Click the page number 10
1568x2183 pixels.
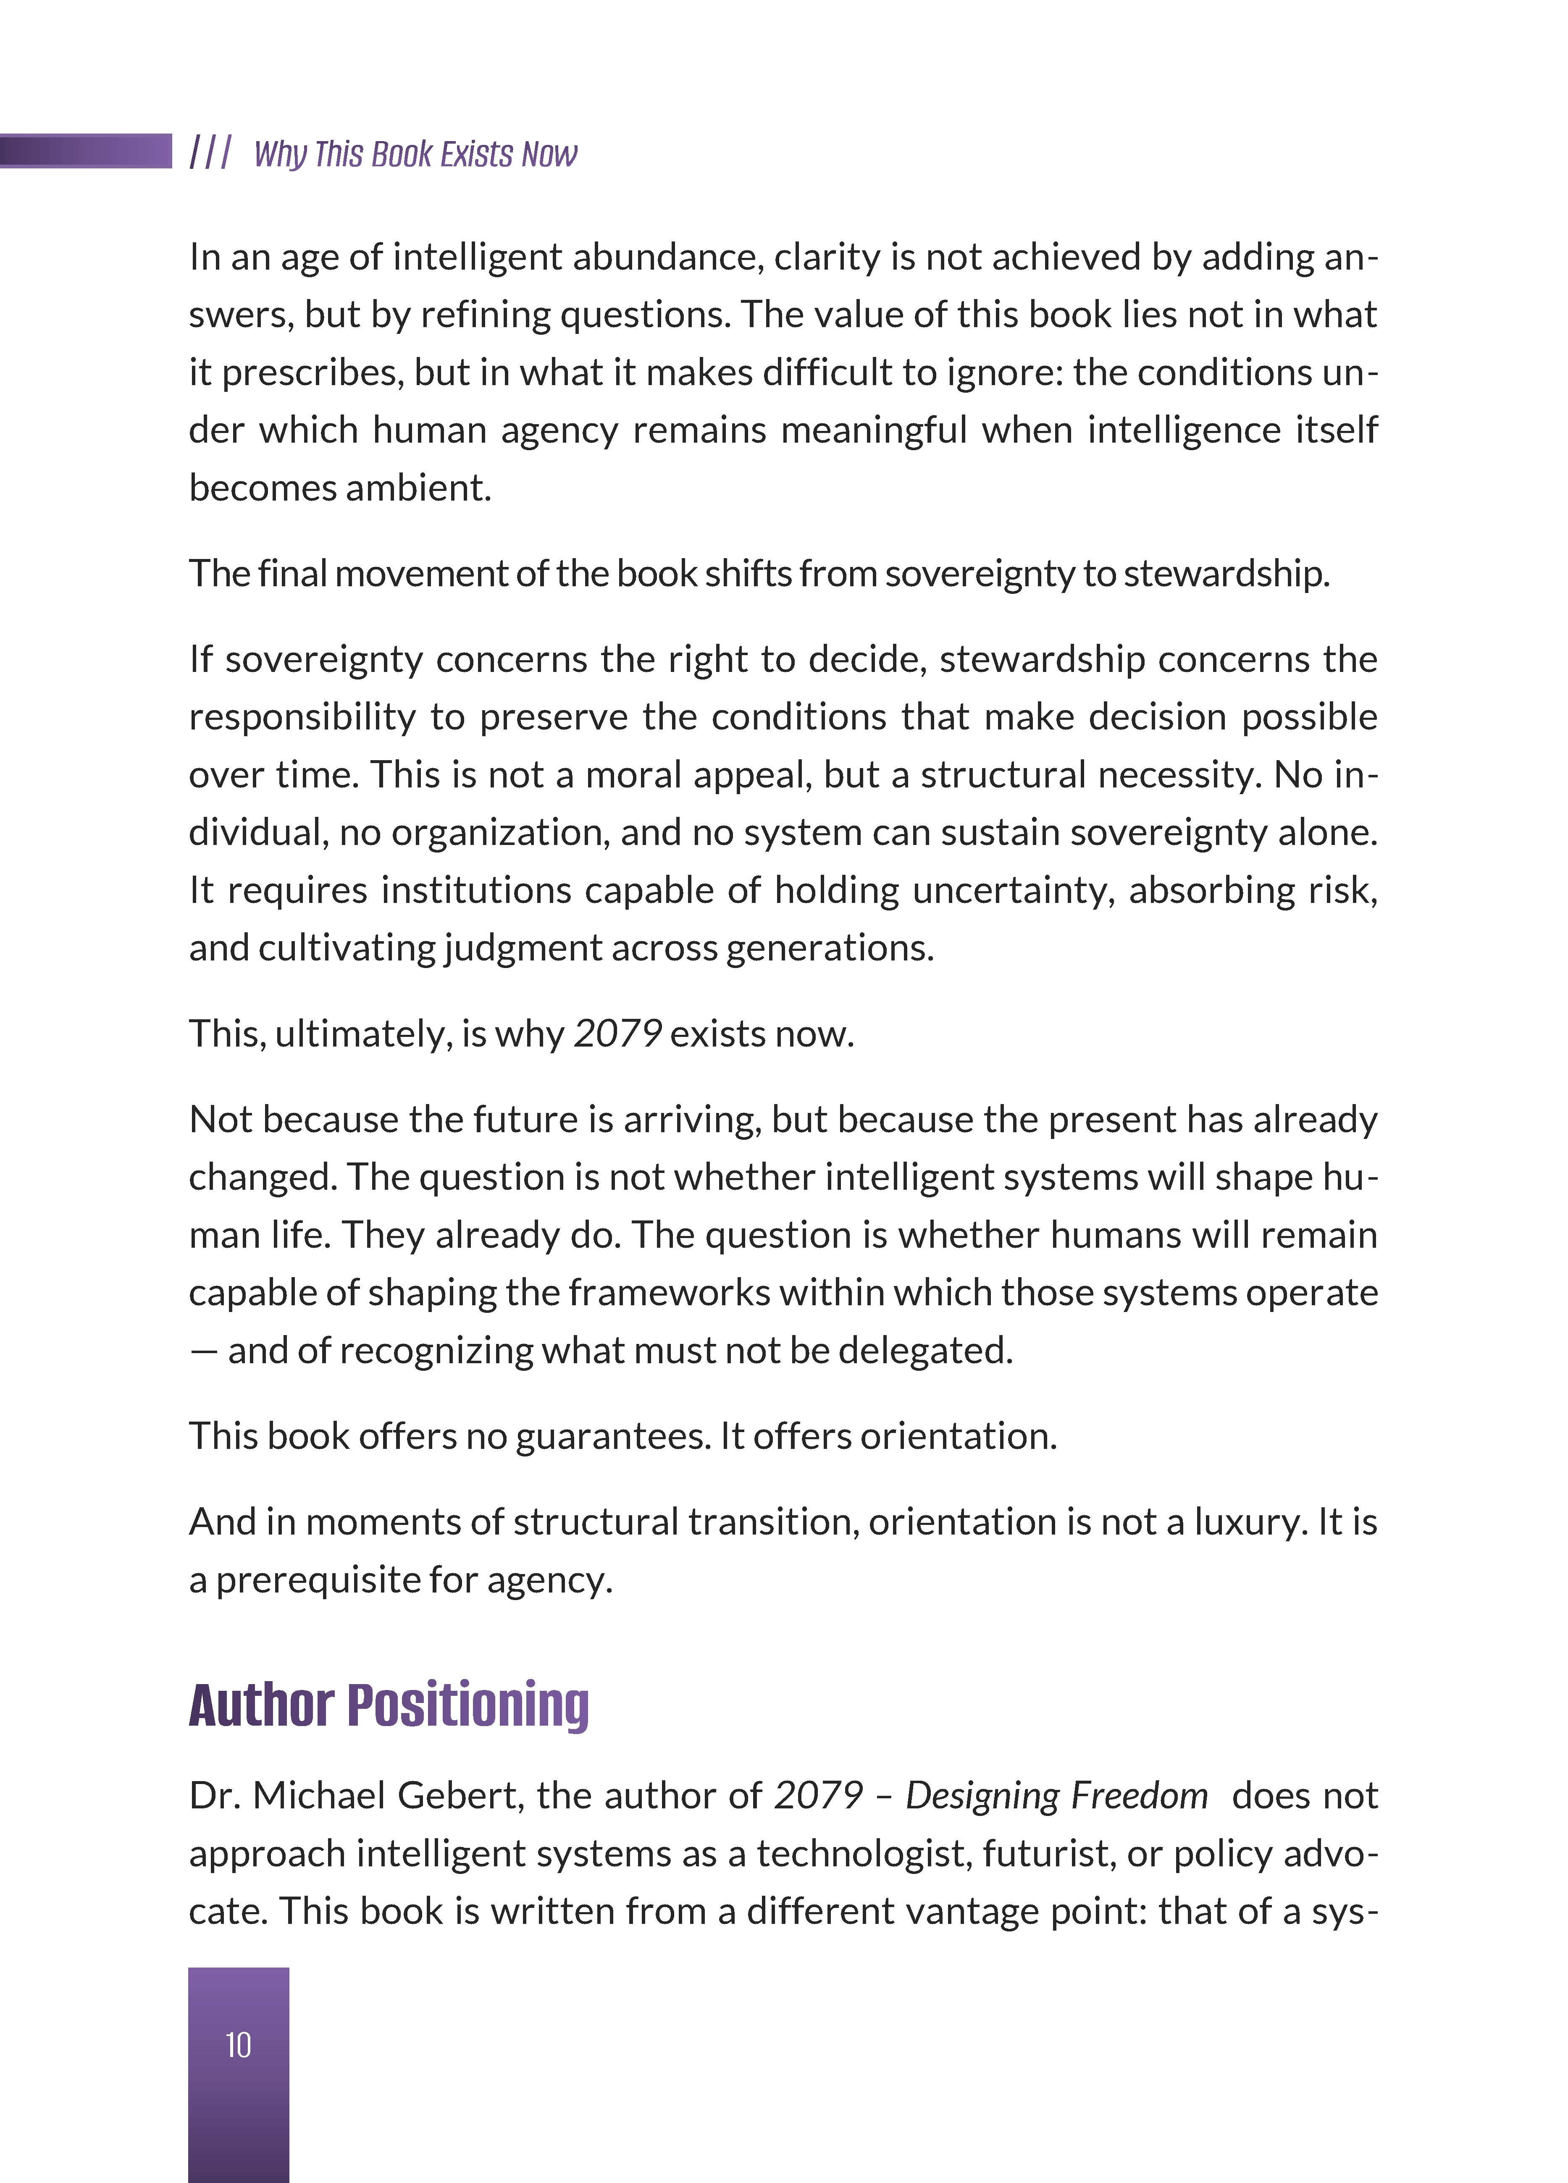(x=238, y=2044)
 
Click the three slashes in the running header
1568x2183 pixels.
(x=210, y=152)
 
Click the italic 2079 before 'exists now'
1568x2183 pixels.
(x=617, y=1034)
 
